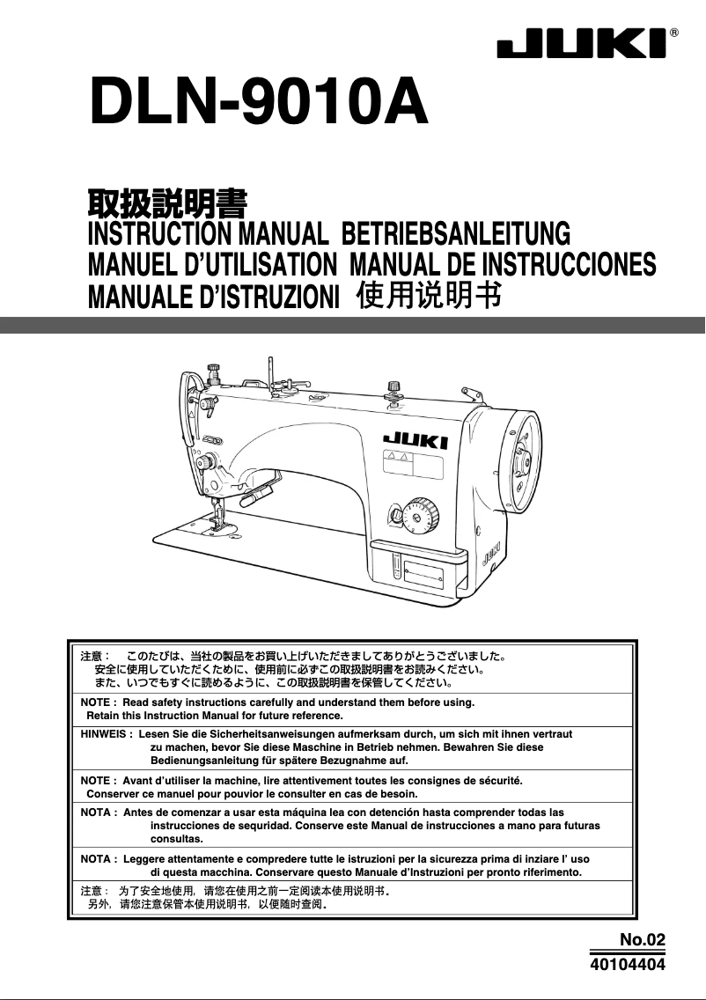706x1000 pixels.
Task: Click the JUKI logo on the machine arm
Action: point(416,440)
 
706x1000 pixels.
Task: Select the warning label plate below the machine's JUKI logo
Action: point(412,466)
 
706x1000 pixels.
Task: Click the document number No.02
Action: point(642,940)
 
